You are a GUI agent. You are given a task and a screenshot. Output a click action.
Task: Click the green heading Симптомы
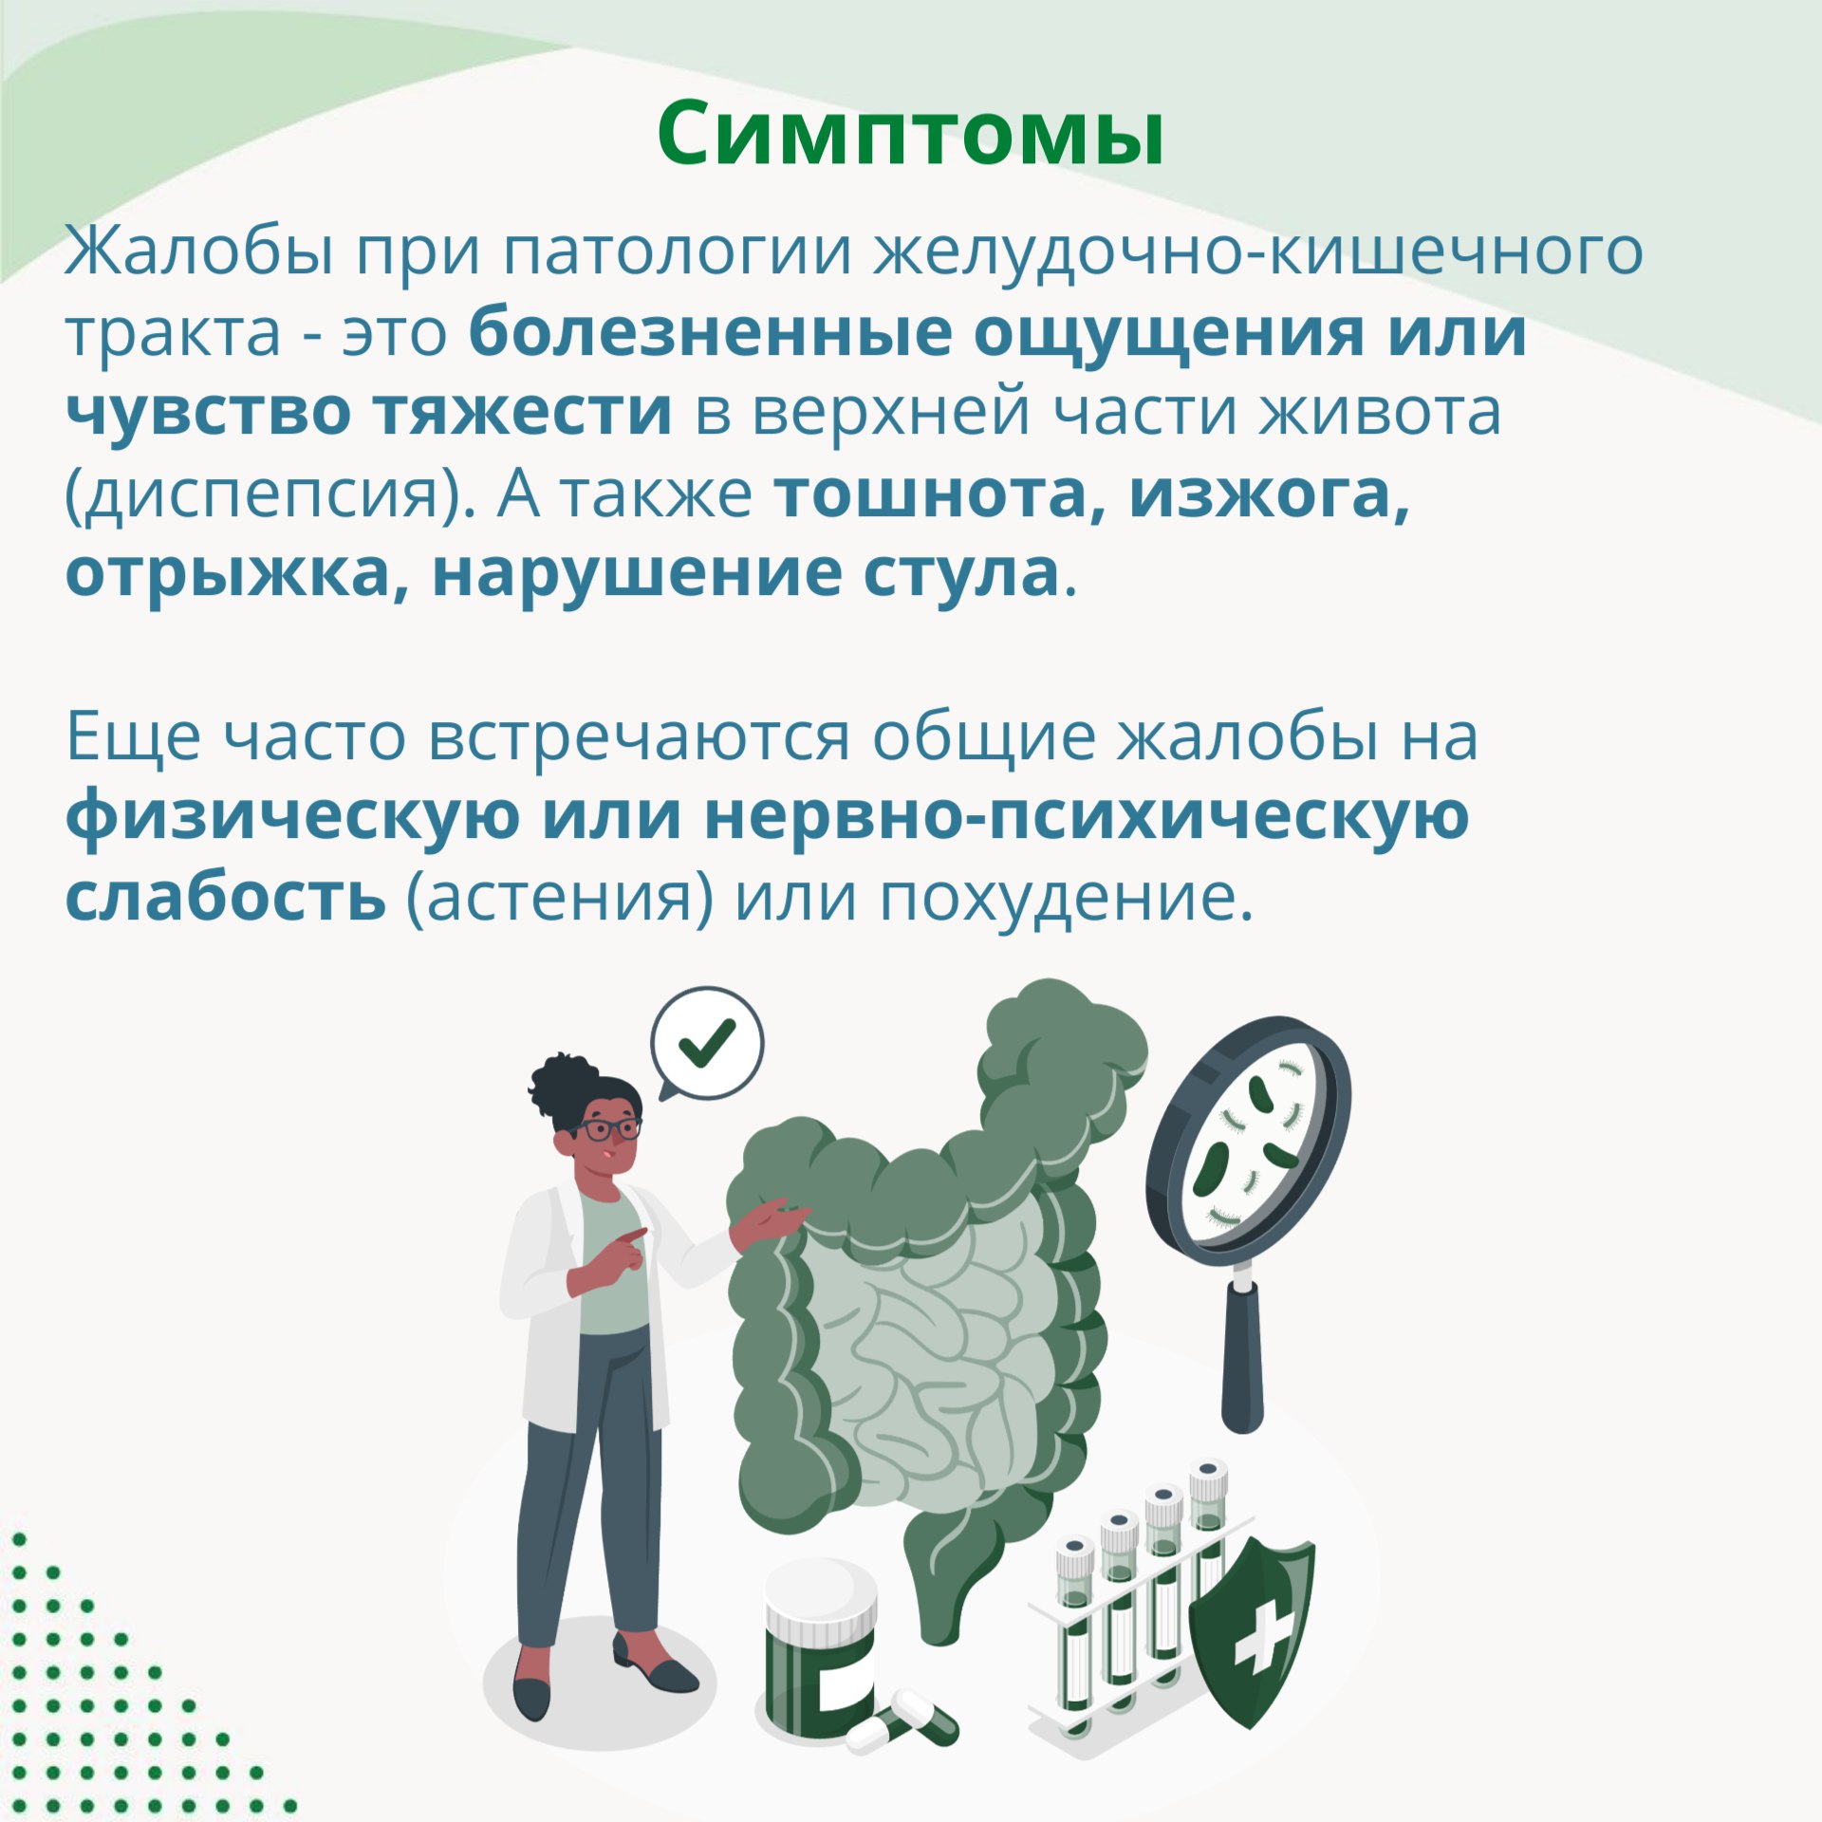pos(910,135)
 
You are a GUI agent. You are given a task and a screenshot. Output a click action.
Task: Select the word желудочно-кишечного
pos(1258,252)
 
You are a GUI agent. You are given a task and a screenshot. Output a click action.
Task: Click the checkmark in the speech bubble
pos(707,1042)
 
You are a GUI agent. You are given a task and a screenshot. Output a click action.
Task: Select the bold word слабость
pos(226,898)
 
